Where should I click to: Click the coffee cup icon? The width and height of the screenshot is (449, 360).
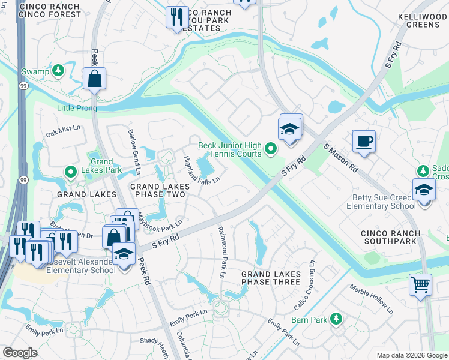pos(363,141)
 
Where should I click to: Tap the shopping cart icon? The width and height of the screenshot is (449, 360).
pos(420,284)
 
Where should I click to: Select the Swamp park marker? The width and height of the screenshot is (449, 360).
pos(58,71)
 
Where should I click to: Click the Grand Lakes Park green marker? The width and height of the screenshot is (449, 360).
pos(70,173)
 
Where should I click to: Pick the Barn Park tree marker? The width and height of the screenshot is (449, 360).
pos(336,319)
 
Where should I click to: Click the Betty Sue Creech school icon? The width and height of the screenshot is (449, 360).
pos(424,190)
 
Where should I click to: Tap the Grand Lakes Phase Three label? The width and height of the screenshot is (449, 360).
pos(270,278)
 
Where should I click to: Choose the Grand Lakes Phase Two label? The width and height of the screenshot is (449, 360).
pos(160,191)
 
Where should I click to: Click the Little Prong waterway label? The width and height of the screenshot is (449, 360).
pos(77,109)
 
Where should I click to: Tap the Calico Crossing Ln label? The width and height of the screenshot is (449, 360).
pos(304,286)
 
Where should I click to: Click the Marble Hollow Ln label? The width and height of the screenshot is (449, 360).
pos(372,303)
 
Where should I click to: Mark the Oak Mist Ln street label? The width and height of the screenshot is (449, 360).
pos(62,129)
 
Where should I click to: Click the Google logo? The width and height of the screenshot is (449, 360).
pos(20,353)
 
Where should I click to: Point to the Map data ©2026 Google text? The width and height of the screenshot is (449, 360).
pos(411,355)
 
